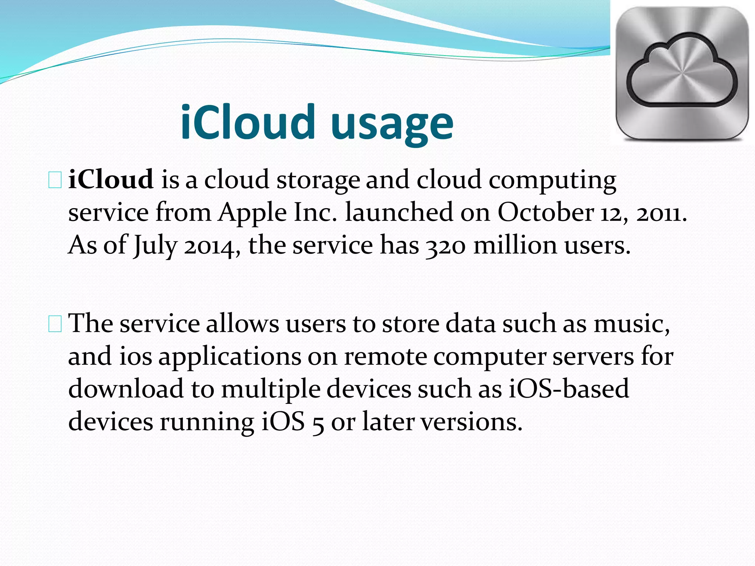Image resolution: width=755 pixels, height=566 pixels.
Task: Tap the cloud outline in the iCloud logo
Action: pos(682,70)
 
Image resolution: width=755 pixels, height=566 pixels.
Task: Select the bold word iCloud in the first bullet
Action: pos(111,179)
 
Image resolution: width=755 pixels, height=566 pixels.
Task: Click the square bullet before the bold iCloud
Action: pos(55,181)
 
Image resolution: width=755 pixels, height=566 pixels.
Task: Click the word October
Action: pos(546,212)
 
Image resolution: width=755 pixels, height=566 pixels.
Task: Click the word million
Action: pos(515,245)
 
